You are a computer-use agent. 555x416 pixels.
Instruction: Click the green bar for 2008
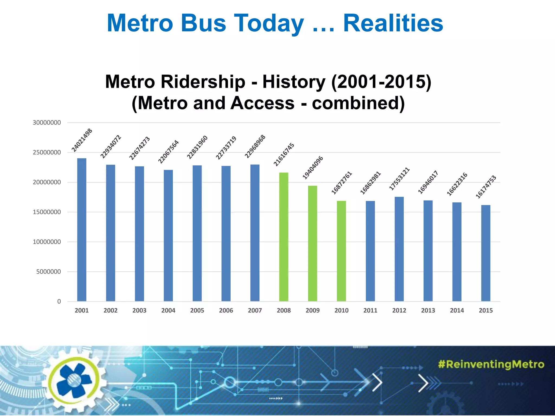click(x=284, y=237)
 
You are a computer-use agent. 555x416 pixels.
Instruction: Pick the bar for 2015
click(x=486, y=253)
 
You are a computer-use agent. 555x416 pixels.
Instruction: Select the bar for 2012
click(x=399, y=249)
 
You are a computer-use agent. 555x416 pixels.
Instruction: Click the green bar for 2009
click(x=312, y=243)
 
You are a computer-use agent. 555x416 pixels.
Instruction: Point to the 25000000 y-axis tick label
click(x=47, y=152)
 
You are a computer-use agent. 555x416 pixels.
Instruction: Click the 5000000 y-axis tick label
click(x=49, y=272)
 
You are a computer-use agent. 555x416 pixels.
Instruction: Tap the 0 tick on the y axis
click(x=59, y=301)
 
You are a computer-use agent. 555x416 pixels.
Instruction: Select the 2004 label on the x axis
click(x=168, y=310)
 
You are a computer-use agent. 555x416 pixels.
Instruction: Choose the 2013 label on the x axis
click(x=428, y=310)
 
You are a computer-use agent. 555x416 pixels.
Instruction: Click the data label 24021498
click(x=82, y=140)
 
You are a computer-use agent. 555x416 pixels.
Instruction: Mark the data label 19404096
click(x=313, y=167)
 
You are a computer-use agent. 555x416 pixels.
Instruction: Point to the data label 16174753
click(x=486, y=187)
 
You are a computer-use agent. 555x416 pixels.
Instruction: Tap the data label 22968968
click(x=255, y=147)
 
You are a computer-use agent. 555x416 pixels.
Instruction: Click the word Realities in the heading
click(x=393, y=23)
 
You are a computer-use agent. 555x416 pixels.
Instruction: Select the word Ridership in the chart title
click(x=203, y=82)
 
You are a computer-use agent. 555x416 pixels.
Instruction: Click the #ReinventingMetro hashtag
click(x=491, y=364)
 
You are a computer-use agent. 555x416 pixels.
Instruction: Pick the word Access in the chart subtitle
click(x=262, y=103)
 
